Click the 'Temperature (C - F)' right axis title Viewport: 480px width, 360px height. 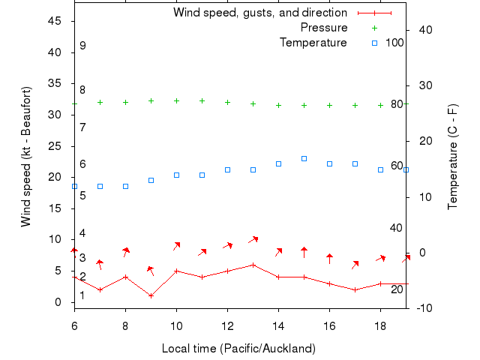[453, 157]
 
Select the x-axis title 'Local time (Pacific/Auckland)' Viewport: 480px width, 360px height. [238, 349]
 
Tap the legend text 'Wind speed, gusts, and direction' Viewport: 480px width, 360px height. [259, 13]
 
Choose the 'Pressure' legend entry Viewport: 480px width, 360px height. [323, 28]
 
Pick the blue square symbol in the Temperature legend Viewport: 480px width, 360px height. [374, 43]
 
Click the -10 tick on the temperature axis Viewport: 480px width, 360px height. [422, 307]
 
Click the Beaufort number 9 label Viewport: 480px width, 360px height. [82, 46]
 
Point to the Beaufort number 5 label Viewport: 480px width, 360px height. [82, 196]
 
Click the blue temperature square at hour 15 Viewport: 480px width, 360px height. [304, 159]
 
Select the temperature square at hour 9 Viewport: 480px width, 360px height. [151, 180]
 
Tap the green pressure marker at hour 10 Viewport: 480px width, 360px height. [176, 100]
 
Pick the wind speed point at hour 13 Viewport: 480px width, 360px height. [253, 265]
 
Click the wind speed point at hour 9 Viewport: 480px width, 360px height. [151, 295]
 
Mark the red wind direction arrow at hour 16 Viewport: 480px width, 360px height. [329, 259]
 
